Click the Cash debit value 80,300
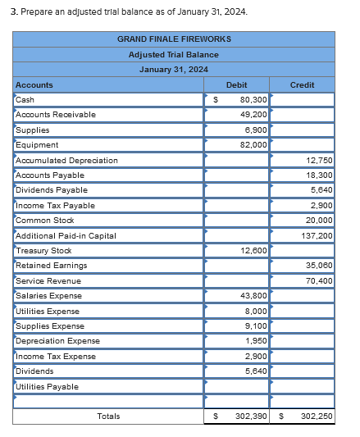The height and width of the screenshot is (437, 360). click(x=253, y=100)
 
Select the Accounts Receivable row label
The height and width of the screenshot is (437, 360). click(x=56, y=115)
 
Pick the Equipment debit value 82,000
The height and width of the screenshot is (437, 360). click(x=253, y=145)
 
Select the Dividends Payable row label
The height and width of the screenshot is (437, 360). click(x=52, y=190)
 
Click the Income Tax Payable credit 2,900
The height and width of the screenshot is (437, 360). click(x=321, y=206)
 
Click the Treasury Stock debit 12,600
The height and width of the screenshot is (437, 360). click(x=253, y=251)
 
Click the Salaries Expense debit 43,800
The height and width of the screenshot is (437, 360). click(x=253, y=296)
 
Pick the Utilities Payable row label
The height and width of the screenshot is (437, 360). click(x=48, y=387)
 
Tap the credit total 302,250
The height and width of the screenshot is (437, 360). click(x=316, y=417)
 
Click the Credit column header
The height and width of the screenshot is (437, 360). click(x=303, y=84)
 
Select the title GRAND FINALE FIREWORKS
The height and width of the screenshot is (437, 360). click(x=174, y=39)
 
